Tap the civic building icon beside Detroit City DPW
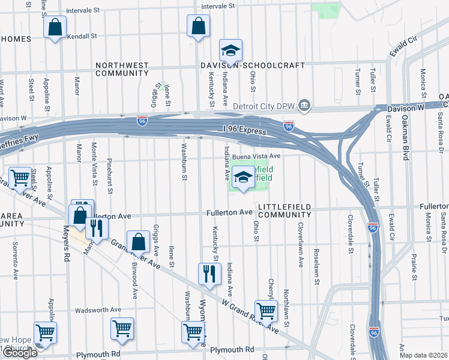click(x=305, y=106)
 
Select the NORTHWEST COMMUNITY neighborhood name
click(x=122, y=69)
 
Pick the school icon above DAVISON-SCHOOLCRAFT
click(x=229, y=50)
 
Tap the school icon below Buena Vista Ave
click(x=243, y=177)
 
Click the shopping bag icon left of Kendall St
click(x=55, y=28)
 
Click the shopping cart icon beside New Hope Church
click(x=46, y=332)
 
